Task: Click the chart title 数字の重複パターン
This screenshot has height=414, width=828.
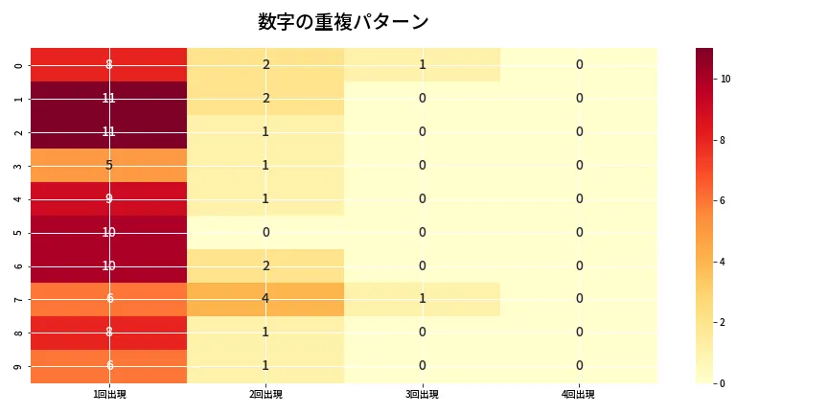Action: pos(343,22)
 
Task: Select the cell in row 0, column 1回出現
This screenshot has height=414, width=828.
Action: pos(109,64)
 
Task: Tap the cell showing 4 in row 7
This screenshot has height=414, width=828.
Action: pos(265,299)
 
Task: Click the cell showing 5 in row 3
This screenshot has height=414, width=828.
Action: pos(109,165)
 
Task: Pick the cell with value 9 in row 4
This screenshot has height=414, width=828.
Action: pos(109,198)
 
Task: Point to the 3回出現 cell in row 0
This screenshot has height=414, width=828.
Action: pos(422,64)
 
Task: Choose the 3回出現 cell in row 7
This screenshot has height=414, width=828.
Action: pos(422,299)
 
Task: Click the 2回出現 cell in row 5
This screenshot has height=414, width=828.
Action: pos(265,232)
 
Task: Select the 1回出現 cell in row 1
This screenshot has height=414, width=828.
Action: pos(109,98)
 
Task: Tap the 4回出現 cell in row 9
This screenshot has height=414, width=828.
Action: pos(579,365)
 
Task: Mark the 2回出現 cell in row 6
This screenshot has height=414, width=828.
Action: pos(265,265)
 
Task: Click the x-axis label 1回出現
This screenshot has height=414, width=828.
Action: pos(109,394)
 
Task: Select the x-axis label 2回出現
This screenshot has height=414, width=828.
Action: pos(265,394)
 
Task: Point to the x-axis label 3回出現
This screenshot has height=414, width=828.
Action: pos(422,394)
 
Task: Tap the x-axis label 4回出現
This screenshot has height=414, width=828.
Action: pos(579,394)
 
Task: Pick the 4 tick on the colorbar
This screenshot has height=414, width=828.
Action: pos(724,262)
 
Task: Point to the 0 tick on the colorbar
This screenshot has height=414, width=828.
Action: pos(724,383)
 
